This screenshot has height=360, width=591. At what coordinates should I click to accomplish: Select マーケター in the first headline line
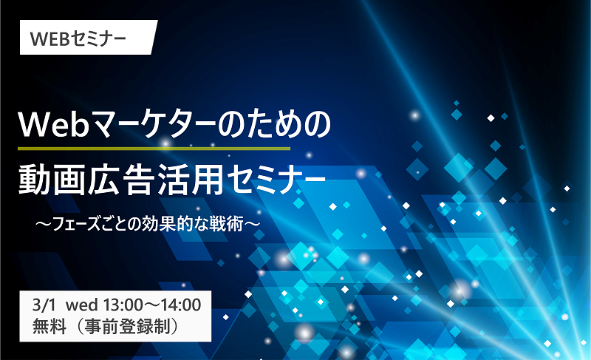point(154,125)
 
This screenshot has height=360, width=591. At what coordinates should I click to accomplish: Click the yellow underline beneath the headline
point(154,149)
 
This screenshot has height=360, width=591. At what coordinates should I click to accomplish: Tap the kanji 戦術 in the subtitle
point(225,224)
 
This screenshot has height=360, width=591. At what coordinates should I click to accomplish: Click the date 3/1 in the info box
point(44,305)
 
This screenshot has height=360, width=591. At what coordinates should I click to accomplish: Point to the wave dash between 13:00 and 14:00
point(151,305)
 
